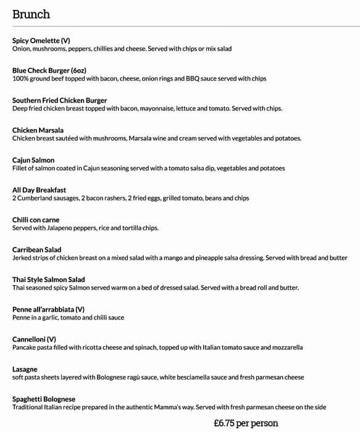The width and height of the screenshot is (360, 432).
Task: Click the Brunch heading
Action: coord(31,14)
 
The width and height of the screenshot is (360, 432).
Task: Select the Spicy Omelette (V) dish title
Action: coord(41,41)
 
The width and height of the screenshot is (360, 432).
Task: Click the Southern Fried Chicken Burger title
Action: coord(60,101)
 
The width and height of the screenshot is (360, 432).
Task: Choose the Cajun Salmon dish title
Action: coord(33,160)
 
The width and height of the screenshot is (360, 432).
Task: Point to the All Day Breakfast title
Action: coord(39,190)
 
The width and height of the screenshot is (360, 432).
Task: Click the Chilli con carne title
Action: coord(36,220)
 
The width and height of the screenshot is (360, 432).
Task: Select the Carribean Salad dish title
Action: coord(37,250)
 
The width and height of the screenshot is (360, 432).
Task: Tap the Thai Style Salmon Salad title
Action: coord(49,280)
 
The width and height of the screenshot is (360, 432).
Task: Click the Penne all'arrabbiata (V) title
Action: coord(48,309)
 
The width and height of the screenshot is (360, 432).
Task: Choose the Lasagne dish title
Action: coord(25,369)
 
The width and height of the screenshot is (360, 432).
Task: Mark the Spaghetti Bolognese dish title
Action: coord(44,399)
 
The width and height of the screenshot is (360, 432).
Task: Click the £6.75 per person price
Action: coord(246,423)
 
